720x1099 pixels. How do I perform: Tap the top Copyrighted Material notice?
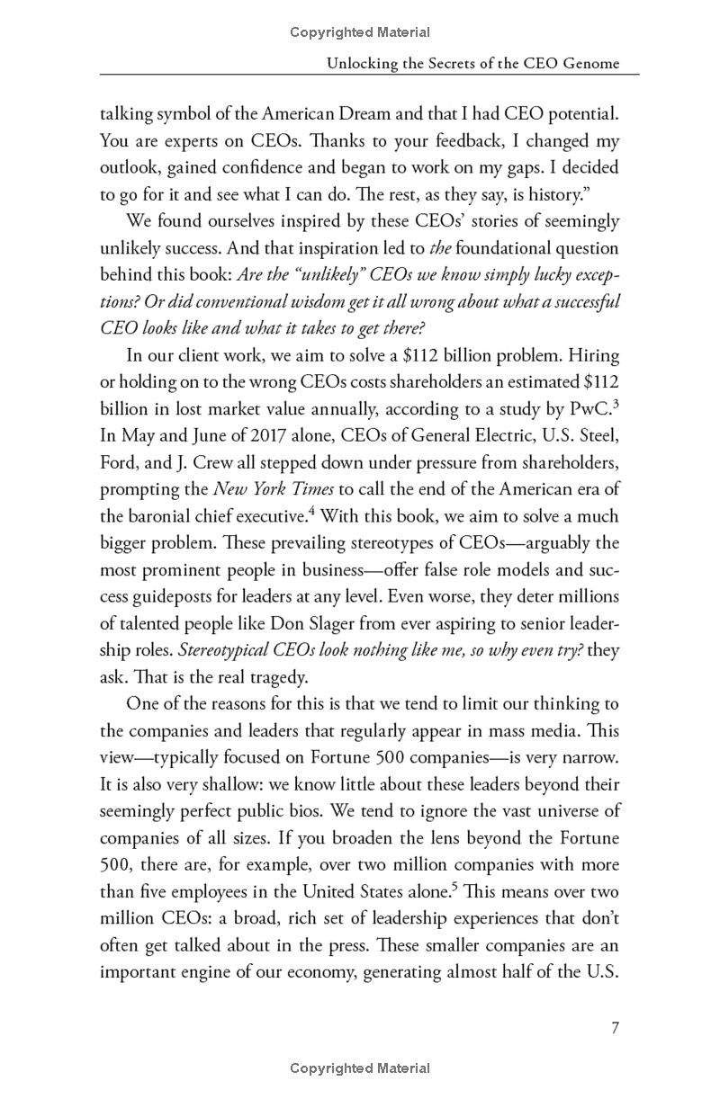coord(360,32)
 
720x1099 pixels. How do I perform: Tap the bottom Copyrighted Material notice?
coord(360,1068)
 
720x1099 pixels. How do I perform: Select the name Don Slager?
coord(320,624)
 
